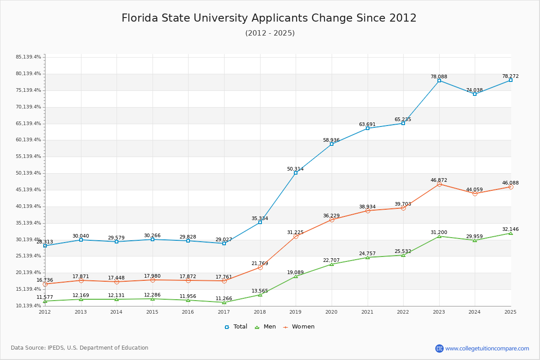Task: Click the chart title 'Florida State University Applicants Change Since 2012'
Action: click(x=269, y=18)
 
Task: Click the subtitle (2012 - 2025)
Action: click(x=270, y=33)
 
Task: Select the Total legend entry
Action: click(x=236, y=327)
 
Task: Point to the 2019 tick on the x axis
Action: click(x=296, y=312)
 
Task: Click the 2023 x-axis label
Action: click(x=439, y=312)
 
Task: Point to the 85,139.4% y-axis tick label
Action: click(x=28, y=57)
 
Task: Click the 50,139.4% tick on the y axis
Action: click(x=28, y=173)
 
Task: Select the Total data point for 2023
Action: click(x=439, y=81)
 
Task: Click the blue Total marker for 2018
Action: click(x=260, y=222)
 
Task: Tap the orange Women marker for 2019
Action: click(x=296, y=236)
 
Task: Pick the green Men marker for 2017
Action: click(x=224, y=302)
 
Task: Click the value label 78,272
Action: click(x=510, y=76)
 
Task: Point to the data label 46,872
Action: click(x=439, y=180)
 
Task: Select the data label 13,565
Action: click(x=260, y=291)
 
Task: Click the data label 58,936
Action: click(x=331, y=140)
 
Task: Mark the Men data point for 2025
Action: click(x=511, y=233)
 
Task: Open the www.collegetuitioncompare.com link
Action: click(x=487, y=348)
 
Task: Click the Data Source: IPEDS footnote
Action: click(x=80, y=348)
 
